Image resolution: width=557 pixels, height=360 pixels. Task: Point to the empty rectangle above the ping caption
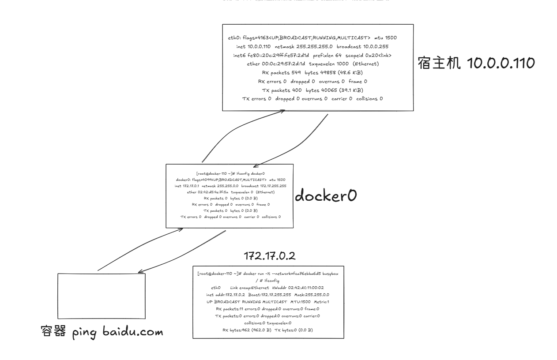click(x=102, y=296)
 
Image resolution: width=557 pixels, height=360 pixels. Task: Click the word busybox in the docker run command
click(x=328, y=274)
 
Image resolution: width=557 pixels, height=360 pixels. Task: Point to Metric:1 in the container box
click(x=321, y=301)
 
